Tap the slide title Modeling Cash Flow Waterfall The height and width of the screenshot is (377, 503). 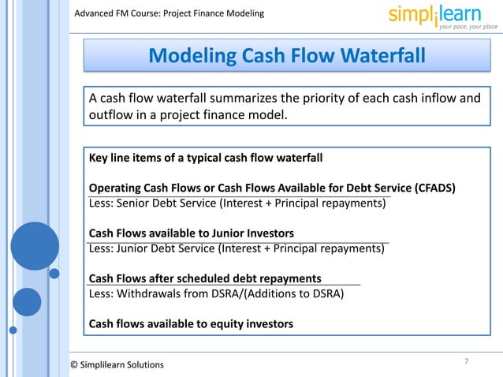tap(287, 56)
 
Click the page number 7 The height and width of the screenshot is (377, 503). tap(466, 361)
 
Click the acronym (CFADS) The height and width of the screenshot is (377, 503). tap(434, 188)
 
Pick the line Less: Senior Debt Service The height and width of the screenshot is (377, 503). tap(237, 203)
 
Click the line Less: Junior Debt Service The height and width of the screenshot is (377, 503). tap(237, 248)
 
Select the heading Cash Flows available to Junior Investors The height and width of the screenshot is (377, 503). tap(192, 233)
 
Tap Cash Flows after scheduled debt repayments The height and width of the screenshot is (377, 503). tap(205, 278)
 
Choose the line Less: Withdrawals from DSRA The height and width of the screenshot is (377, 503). tap(216, 293)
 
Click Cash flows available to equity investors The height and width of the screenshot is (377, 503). tap(191, 323)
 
